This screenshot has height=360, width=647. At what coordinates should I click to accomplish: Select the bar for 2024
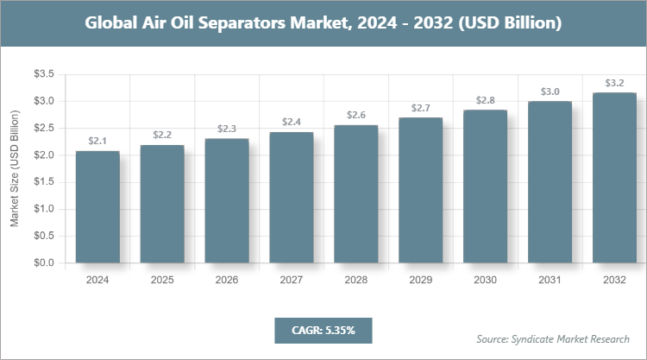click(x=97, y=207)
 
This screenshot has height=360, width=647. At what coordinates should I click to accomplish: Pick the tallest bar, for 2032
click(x=615, y=177)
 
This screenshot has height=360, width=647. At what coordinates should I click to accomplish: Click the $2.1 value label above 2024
click(x=97, y=141)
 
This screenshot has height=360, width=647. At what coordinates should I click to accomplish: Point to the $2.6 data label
click(x=356, y=115)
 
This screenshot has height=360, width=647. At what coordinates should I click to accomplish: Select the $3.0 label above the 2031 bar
click(x=550, y=92)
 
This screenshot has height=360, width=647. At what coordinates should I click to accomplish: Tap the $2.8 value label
click(x=486, y=101)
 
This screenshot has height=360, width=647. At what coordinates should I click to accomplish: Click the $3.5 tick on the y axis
click(x=44, y=75)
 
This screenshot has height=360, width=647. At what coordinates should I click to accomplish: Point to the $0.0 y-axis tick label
click(x=44, y=262)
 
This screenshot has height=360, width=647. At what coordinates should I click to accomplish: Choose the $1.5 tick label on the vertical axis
click(x=44, y=182)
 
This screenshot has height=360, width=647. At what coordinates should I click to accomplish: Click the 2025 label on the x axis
click(x=162, y=281)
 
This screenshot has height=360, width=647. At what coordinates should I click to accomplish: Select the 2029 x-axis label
click(x=421, y=281)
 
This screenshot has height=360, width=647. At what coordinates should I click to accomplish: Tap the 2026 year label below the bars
click(x=227, y=281)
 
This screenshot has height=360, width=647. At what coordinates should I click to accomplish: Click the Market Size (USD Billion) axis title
click(x=15, y=169)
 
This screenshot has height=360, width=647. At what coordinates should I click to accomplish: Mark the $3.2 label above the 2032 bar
click(x=615, y=83)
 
